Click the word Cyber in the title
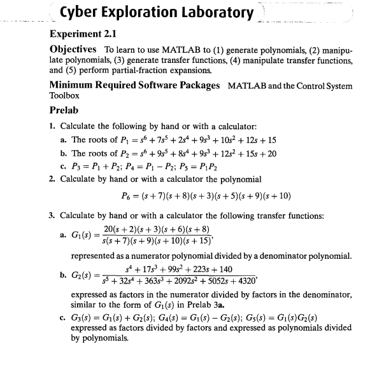[x=80, y=12]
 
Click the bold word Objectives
[x=73, y=50]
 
